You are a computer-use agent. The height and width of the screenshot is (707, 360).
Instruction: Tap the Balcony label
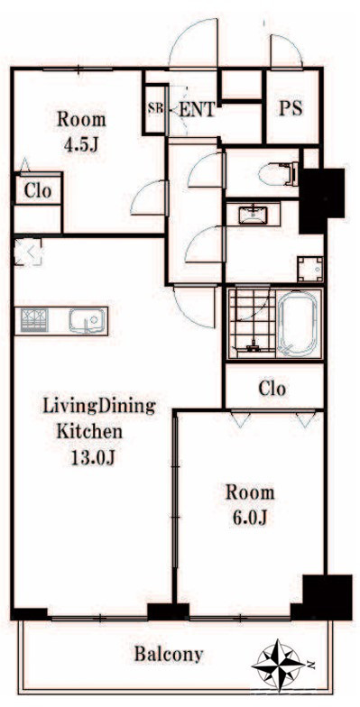point(169,654)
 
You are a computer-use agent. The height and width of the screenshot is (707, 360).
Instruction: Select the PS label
point(291,108)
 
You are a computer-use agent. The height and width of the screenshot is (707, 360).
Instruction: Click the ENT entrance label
point(197,110)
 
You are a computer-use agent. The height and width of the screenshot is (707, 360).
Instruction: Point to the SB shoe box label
point(155,109)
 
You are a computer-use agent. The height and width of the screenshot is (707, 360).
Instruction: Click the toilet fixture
point(279,173)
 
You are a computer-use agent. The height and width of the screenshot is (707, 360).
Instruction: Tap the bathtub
point(297,323)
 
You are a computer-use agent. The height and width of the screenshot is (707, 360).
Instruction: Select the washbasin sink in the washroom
point(253,214)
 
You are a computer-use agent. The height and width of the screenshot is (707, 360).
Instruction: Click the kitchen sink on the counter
point(87,321)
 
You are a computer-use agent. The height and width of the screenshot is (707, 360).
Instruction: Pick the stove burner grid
point(34,319)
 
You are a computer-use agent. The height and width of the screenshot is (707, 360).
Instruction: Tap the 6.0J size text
point(250,518)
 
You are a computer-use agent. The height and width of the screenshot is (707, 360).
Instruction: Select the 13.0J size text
point(94,458)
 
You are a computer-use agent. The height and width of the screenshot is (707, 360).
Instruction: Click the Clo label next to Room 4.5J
point(38,191)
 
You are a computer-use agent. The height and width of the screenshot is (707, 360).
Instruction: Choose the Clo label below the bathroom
point(272,388)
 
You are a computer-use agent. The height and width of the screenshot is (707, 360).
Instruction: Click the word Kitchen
point(89,431)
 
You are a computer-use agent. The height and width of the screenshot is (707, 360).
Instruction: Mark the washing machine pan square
point(310,269)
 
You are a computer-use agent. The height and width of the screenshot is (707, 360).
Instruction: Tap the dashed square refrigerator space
point(28,252)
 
